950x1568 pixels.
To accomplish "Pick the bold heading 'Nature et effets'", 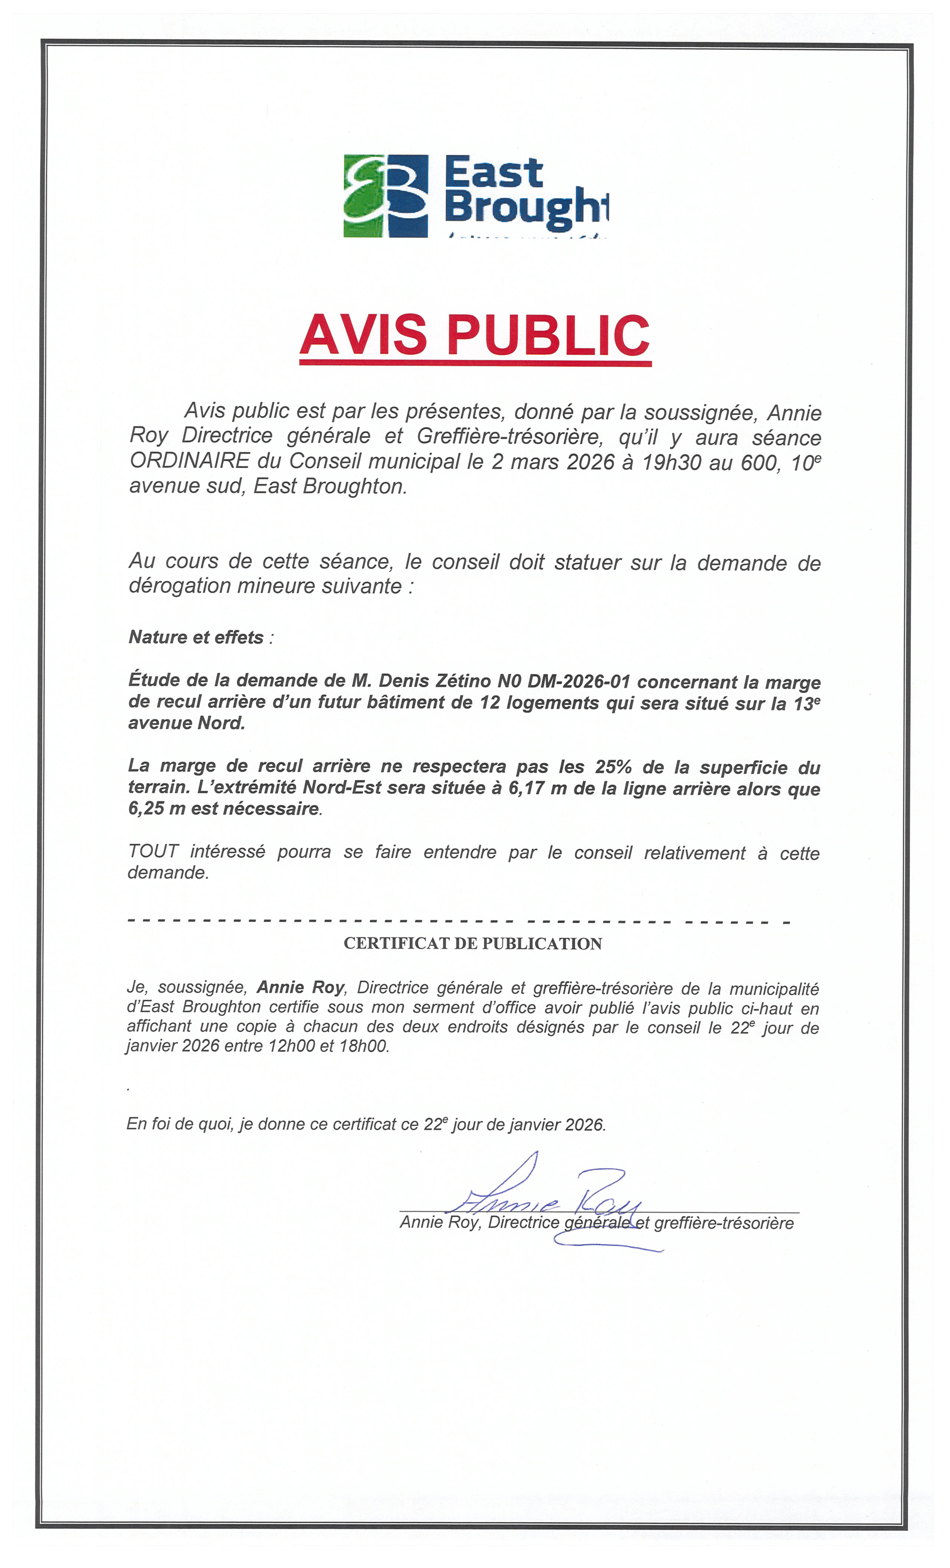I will click(x=196, y=637).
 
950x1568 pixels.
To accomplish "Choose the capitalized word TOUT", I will click(x=153, y=851).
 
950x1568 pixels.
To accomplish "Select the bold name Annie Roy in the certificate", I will click(x=300, y=987).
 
